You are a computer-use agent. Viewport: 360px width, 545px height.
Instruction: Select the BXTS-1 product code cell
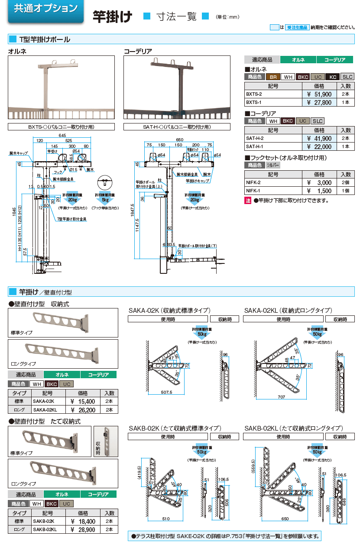254,103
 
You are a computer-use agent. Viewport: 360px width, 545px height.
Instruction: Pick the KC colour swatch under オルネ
332,77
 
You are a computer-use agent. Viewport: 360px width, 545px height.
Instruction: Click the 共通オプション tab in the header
45,9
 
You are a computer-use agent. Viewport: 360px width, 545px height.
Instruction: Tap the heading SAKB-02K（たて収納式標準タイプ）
175,428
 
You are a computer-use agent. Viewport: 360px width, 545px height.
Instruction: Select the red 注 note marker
248,201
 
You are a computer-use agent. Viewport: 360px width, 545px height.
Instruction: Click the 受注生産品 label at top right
297,27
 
